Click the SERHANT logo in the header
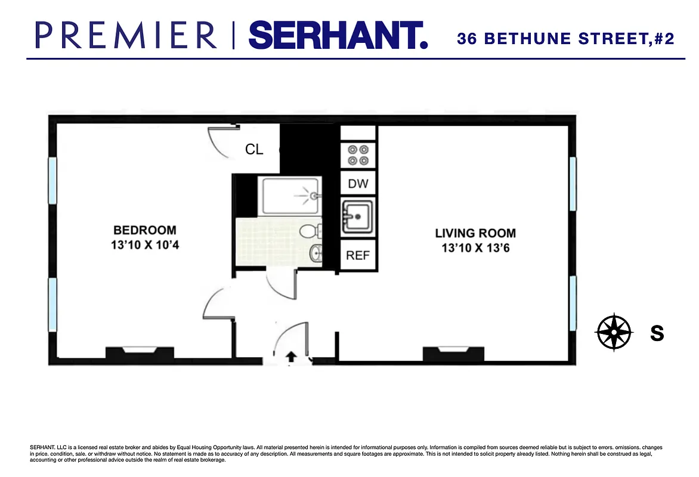click(x=338, y=35)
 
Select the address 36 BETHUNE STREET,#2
click(x=565, y=39)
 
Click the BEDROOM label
click(x=145, y=230)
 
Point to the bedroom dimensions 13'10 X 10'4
click(x=145, y=244)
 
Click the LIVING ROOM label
click(x=475, y=233)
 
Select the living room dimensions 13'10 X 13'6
click(x=475, y=247)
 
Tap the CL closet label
click(x=254, y=149)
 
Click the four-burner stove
click(x=358, y=155)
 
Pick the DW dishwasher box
click(x=358, y=184)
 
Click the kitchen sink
click(x=358, y=215)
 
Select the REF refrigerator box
click(x=358, y=256)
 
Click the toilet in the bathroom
click(x=310, y=231)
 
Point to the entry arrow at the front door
click(x=291, y=357)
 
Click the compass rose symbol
click(x=614, y=332)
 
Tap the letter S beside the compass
click(x=657, y=333)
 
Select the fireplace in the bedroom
click(x=140, y=353)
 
